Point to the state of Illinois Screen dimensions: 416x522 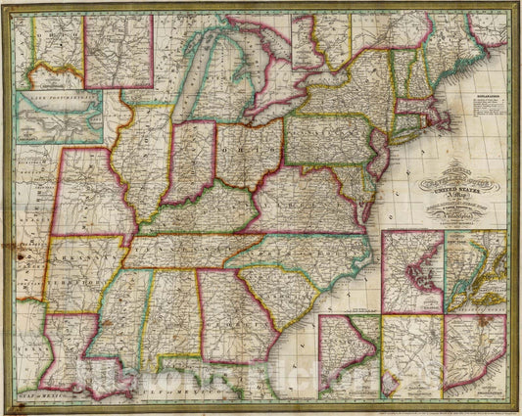point(143,166)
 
